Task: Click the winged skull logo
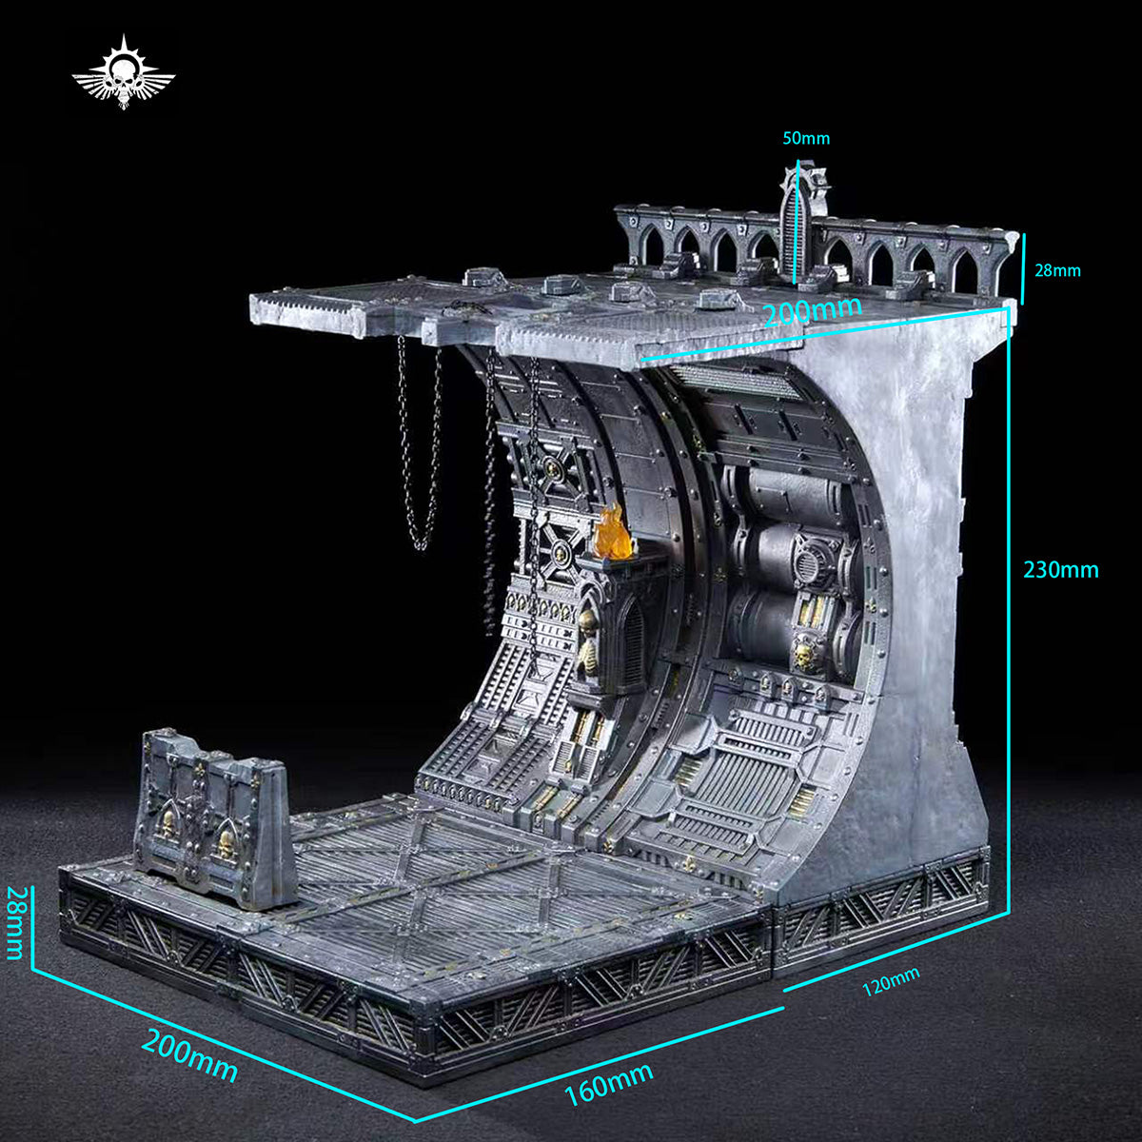(124, 73)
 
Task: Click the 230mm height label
(1061, 570)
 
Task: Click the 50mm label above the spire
(806, 139)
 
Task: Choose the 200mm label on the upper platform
(812, 310)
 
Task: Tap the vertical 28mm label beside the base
(16, 923)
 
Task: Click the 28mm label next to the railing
(1058, 271)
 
